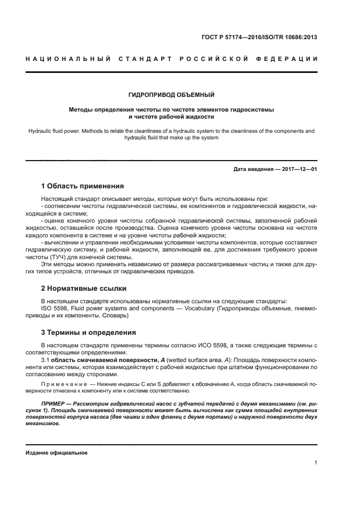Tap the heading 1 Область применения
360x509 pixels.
(x=83, y=186)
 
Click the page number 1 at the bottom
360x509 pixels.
(x=315, y=463)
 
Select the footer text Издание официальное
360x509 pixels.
(x=56, y=452)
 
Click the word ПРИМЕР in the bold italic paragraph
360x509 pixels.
(x=53, y=403)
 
